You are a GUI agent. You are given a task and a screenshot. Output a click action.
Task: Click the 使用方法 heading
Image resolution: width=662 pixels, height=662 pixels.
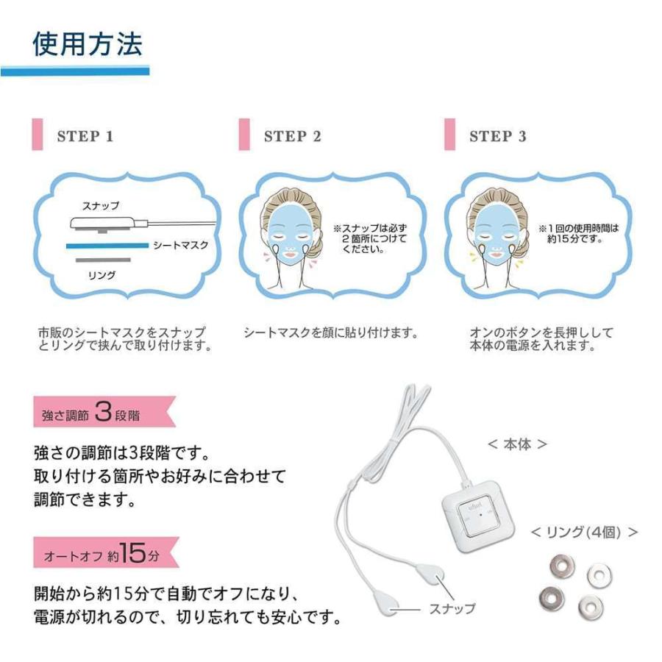click(x=88, y=43)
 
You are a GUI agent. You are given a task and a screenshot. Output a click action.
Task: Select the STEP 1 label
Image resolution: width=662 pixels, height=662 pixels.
click(x=85, y=136)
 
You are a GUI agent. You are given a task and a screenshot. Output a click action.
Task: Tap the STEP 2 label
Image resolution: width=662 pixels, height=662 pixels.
click(x=293, y=136)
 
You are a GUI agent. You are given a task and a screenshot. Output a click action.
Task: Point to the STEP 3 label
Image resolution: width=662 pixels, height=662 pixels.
click(x=498, y=136)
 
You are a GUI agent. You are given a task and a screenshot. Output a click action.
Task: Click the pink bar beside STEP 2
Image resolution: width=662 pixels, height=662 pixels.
click(x=244, y=135)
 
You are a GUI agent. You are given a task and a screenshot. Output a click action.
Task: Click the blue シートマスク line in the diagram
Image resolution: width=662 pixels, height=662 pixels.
click(x=107, y=246)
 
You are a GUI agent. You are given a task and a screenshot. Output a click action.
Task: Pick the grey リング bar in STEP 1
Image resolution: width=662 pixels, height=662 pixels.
click(x=103, y=260)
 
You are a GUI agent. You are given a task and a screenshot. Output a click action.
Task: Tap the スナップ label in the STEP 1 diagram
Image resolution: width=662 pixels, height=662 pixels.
click(x=101, y=206)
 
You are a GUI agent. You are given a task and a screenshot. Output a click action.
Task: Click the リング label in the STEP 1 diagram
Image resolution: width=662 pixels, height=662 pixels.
click(x=102, y=275)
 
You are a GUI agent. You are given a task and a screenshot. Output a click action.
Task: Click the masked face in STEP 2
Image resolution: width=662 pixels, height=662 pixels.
click(x=290, y=235)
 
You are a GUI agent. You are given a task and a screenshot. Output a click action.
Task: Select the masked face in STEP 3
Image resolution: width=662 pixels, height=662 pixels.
click(x=496, y=235)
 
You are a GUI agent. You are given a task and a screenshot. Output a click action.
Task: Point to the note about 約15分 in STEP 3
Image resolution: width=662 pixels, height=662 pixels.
click(x=578, y=233)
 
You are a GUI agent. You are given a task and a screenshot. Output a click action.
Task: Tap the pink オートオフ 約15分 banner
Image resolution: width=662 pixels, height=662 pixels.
click(x=106, y=552)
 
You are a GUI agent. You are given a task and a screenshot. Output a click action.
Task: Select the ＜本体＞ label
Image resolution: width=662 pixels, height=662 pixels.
click(x=517, y=444)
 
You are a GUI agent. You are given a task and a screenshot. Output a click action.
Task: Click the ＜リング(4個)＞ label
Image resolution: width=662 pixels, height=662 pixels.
click(x=584, y=533)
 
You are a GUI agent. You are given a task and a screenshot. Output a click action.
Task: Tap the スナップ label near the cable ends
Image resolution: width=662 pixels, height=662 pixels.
click(x=452, y=608)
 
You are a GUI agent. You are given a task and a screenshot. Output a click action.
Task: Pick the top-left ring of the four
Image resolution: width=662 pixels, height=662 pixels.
click(x=562, y=565)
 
